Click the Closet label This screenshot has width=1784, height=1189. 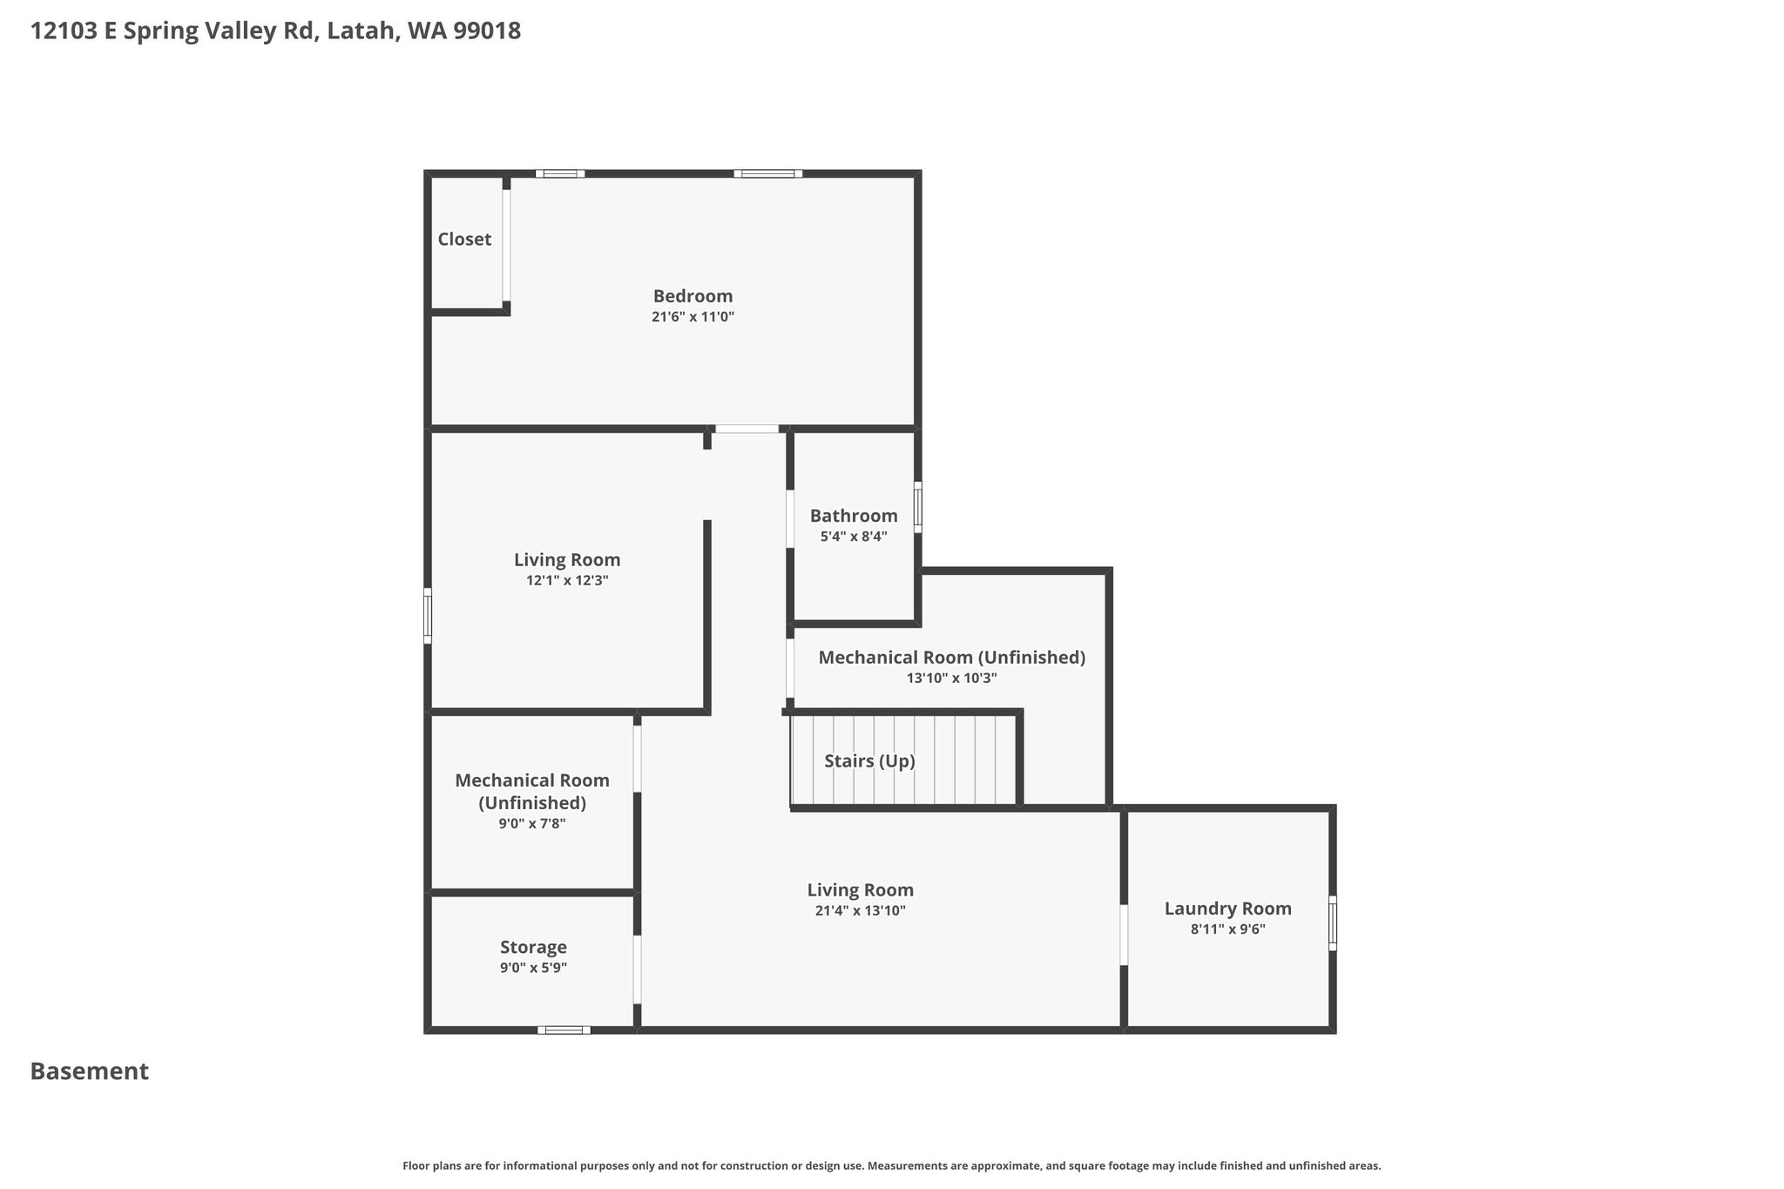coord(464,239)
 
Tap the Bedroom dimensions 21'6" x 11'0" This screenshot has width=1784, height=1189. coord(693,317)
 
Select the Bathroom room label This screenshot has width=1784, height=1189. coord(854,516)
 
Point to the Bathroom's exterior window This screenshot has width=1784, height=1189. coord(917,507)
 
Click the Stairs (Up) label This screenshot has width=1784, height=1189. coord(869,761)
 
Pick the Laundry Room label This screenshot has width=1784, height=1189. coord(1228,909)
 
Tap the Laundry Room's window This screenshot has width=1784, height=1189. coord(1332,923)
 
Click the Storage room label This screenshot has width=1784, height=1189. coord(533,947)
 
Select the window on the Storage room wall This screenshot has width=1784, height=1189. coord(564,1030)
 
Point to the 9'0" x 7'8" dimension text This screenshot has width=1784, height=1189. coord(532,823)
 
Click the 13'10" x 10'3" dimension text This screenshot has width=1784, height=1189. coord(952,678)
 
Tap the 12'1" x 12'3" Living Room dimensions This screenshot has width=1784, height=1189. coord(567,580)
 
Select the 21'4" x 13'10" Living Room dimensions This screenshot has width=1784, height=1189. coord(861,911)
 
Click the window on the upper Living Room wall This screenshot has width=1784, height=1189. coord(428,616)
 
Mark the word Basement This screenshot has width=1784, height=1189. coord(90,1071)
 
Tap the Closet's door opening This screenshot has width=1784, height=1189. coord(506,246)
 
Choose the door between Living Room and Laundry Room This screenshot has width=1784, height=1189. coord(1124,935)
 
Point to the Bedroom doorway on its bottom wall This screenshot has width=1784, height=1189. coord(747,429)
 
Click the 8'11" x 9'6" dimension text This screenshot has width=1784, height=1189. coord(1228,929)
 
